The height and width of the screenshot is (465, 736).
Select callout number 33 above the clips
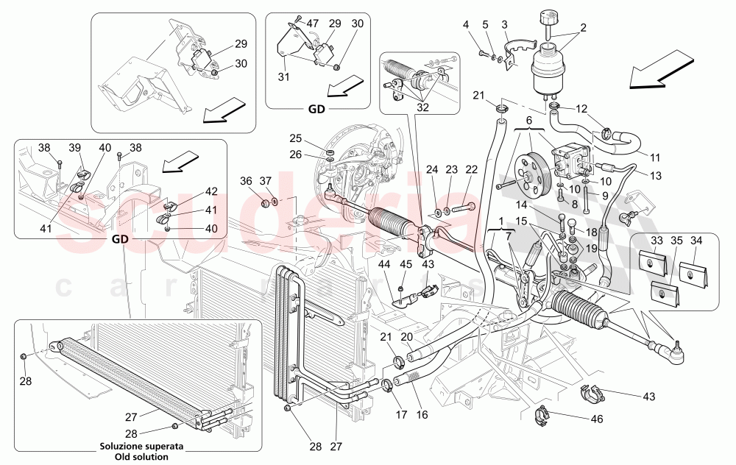[657, 240]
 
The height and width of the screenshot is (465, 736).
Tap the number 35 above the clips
[676, 240]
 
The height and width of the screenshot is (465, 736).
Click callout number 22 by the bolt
[473, 169]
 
